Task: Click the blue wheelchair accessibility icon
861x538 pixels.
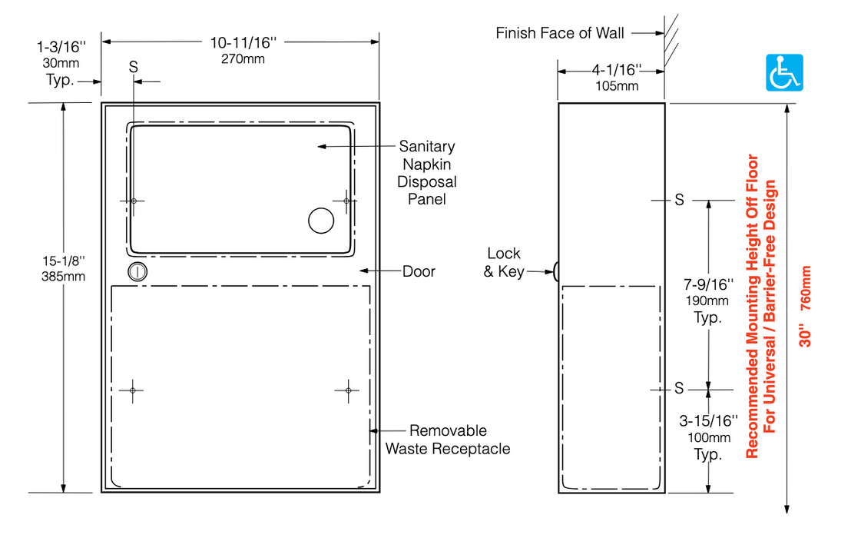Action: [x=785, y=72]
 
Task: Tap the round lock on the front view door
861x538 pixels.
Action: [x=137, y=271]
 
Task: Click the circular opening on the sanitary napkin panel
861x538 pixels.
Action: [x=321, y=221]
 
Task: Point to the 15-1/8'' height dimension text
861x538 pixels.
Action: [x=63, y=262]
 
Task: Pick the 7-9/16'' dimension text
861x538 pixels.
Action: [x=707, y=286]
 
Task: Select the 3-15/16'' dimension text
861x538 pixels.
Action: [x=707, y=421]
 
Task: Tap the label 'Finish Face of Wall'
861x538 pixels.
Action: [x=560, y=33]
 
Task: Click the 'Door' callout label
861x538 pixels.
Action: [x=419, y=271]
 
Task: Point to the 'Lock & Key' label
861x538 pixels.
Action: [x=504, y=262]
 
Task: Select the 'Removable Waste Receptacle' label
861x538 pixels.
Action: [x=448, y=440]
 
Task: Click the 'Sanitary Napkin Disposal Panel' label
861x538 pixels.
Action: [x=426, y=173]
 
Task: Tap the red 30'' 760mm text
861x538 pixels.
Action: [x=804, y=307]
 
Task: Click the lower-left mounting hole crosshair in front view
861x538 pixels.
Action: [x=133, y=390]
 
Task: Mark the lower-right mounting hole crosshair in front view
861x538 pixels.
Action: [x=347, y=390]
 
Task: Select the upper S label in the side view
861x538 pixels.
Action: [x=679, y=201]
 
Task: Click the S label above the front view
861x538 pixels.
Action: [x=134, y=67]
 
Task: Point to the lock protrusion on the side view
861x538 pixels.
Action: [x=554, y=271]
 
